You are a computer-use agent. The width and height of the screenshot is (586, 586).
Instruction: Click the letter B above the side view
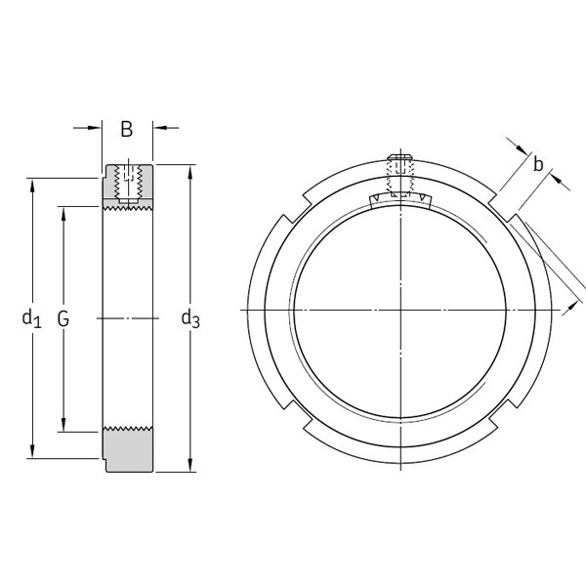point(127,130)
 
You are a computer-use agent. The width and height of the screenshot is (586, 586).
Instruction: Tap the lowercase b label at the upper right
point(537,164)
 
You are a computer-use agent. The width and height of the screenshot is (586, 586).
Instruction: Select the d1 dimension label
point(32,317)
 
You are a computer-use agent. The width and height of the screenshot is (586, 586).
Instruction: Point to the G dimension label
point(63,317)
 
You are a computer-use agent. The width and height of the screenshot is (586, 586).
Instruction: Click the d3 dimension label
point(190,317)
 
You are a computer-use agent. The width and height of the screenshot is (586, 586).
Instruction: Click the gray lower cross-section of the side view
point(127,451)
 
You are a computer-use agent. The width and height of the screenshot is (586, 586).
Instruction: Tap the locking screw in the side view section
point(128,180)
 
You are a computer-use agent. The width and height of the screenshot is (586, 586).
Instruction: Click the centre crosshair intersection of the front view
point(400,310)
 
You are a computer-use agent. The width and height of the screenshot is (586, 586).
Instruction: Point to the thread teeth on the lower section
point(127,429)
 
